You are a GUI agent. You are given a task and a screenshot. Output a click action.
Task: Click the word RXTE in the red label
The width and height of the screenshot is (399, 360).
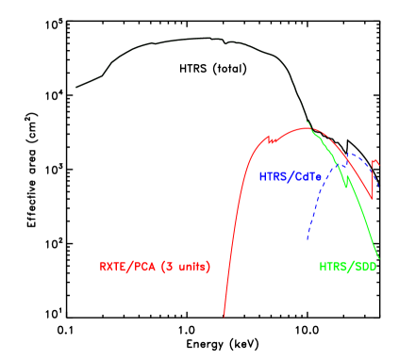(115, 267)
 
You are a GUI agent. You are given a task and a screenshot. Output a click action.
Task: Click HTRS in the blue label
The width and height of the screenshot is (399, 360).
(274, 176)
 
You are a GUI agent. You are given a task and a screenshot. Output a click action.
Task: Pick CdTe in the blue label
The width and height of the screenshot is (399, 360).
(309, 176)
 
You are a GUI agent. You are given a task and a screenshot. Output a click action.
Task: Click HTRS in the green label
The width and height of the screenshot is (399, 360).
(335, 267)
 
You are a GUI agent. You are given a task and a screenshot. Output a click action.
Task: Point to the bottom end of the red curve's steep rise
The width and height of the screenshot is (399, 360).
(224, 316)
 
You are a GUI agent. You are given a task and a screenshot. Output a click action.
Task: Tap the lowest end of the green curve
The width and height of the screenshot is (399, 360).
(379, 257)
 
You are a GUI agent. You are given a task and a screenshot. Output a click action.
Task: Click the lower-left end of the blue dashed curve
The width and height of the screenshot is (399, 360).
(308, 237)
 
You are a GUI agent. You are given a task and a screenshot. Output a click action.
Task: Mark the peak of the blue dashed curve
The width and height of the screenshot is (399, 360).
(351, 153)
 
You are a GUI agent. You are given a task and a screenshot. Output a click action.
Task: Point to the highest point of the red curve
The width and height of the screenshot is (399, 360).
(311, 128)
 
